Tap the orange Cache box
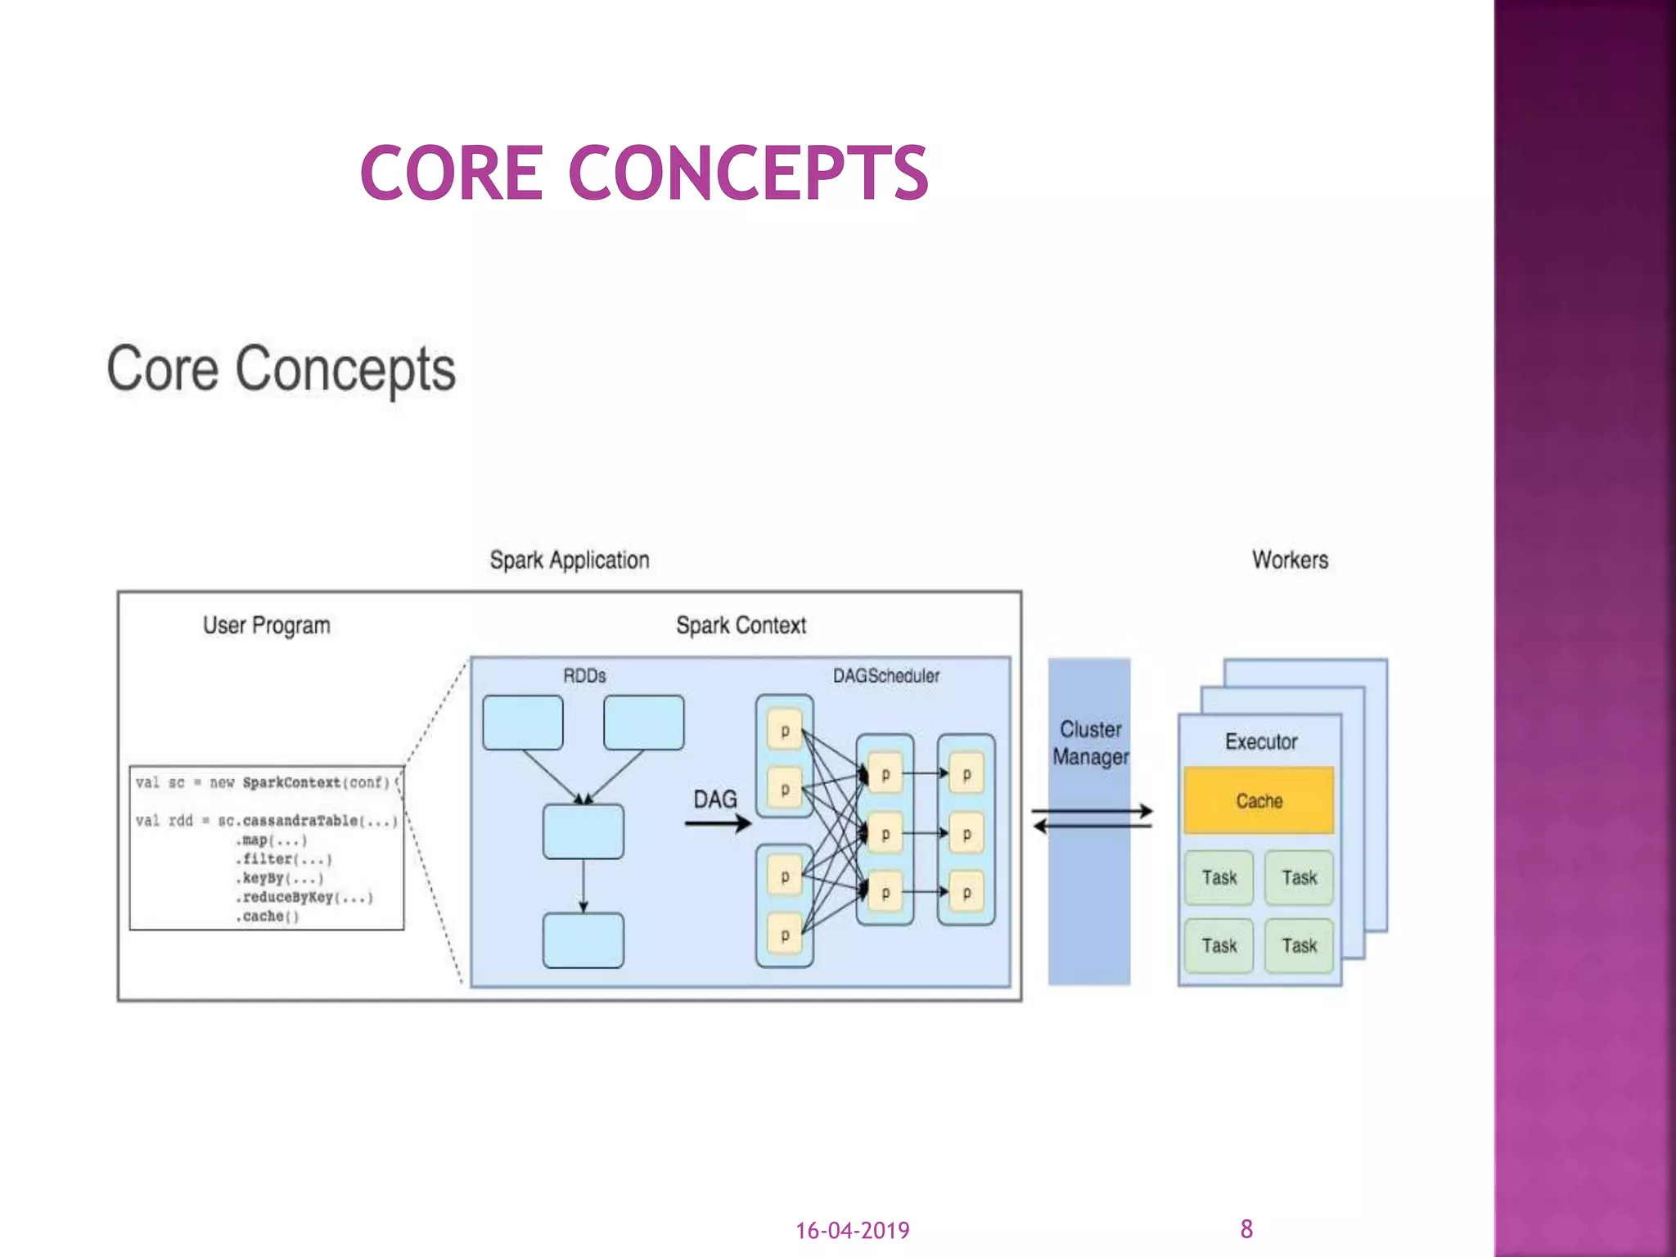(x=1258, y=800)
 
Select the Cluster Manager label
(x=1090, y=743)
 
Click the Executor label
(x=1260, y=741)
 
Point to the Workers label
(x=1290, y=560)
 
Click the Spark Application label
(x=570, y=560)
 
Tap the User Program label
(x=267, y=625)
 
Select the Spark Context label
(x=741, y=625)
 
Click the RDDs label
(x=584, y=676)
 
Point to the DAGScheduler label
(x=886, y=676)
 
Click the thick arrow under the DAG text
(x=718, y=823)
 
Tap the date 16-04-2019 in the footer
(x=852, y=1231)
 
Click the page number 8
(x=1246, y=1228)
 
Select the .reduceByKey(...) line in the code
(x=304, y=897)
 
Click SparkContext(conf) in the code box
(x=315, y=782)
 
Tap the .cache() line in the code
(x=268, y=917)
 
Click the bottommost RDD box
(x=583, y=941)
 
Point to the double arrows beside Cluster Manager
(x=1092, y=818)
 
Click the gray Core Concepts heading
(x=281, y=370)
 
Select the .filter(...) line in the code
(x=284, y=859)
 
